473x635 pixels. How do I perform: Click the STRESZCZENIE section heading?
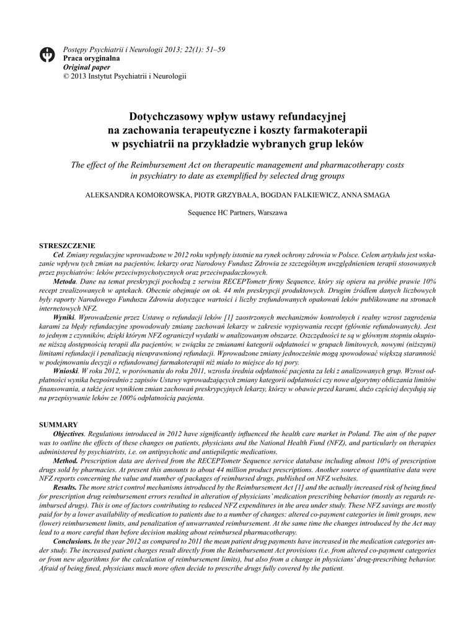67,246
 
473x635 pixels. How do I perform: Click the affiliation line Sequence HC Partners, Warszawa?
237,212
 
